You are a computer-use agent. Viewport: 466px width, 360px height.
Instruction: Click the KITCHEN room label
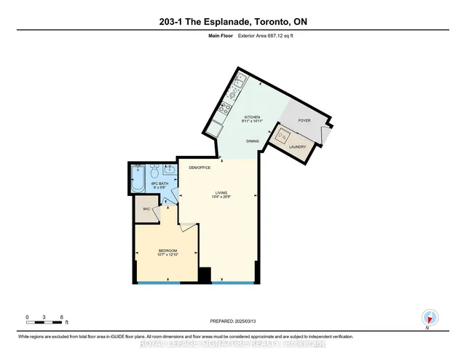coord(252,117)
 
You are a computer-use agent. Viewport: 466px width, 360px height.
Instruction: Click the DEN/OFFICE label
coord(199,168)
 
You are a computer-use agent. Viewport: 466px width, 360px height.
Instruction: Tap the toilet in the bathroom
coord(154,173)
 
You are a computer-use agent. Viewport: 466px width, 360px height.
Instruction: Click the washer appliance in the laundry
coord(281,136)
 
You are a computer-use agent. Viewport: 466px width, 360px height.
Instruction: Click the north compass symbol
coord(429,318)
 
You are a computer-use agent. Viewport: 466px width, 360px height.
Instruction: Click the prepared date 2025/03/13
coord(246,320)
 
